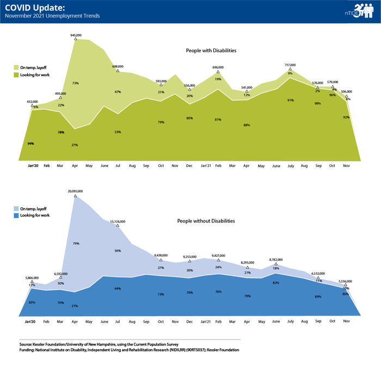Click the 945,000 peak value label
[x=76, y=35]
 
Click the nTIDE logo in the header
[x=359, y=13]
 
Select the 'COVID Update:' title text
[x=29, y=8]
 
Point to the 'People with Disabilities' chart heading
[x=211, y=51]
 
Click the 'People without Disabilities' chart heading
[x=206, y=221]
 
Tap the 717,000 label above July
[x=290, y=65]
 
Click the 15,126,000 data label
[x=118, y=221]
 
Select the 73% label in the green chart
[x=75, y=83]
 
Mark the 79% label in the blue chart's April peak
[x=75, y=243]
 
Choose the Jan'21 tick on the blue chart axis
[x=206, y=321]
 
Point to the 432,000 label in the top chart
[x=32, y=102]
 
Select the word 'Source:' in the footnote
[x=27, y=345]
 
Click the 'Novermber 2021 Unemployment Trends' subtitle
[x=52, y=16]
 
